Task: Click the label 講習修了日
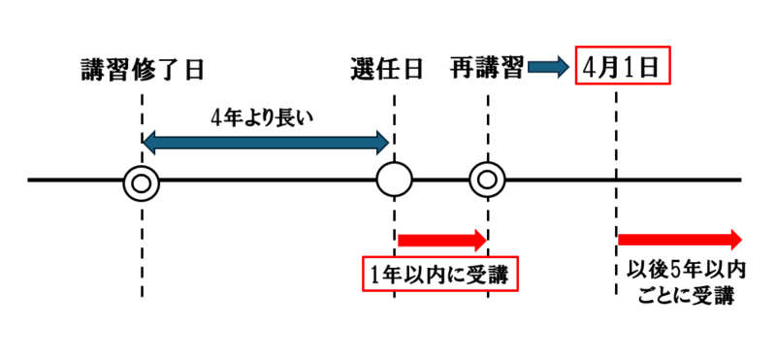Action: click(143, 70)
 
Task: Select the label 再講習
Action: click(487, 70)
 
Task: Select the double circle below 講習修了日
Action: click(142, 180)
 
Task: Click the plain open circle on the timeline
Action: click(395, 180)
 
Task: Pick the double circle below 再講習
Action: click(487, 180)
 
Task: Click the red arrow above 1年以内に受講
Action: click(442, 239)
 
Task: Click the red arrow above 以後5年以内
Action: click(679, 239)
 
